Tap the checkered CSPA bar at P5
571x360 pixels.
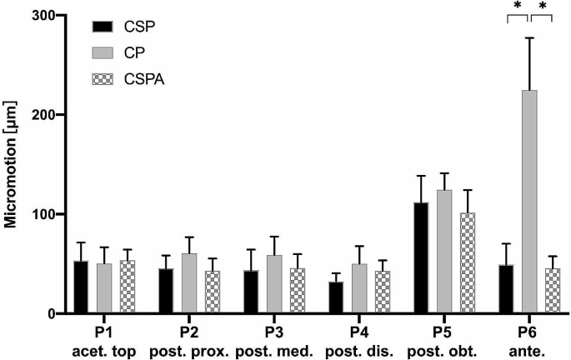click(468, 262)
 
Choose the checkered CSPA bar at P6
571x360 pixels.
click(552, 291)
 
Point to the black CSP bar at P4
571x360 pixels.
click(336, 297)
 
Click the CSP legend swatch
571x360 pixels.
click(103, 27)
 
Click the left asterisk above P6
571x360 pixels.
click(517, 7)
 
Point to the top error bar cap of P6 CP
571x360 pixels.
click(528, 38)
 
